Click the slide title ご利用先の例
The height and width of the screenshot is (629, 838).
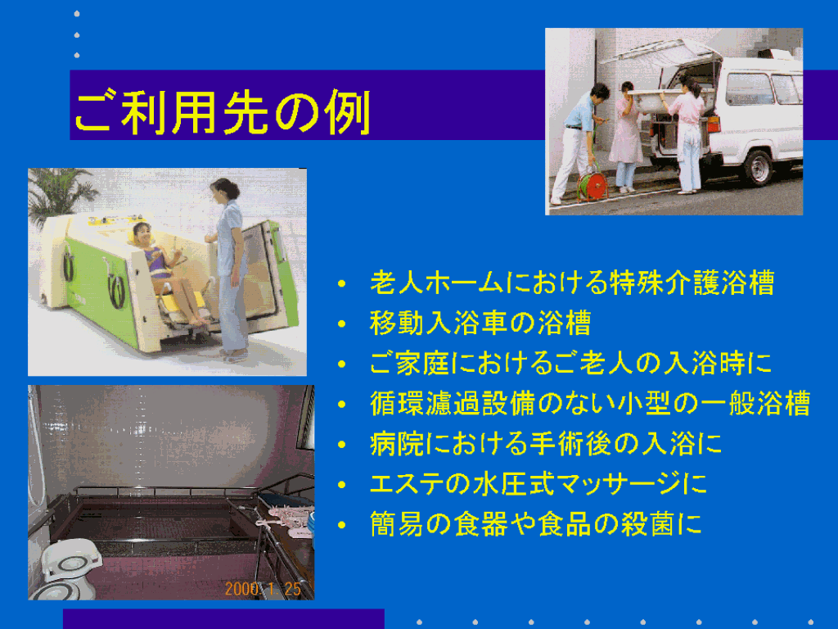(223, 112)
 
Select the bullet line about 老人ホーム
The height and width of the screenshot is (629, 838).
(572, 283)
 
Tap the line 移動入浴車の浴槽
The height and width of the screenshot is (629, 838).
(480, 323)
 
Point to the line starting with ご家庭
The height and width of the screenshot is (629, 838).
(570, 363)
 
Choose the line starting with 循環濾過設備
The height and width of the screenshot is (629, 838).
(590, 403)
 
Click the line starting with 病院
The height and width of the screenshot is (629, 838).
(546, 443)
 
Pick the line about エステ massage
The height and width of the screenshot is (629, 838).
(538, 483)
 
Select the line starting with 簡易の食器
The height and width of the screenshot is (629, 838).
(535, 523)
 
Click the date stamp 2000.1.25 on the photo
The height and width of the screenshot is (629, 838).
(263, 589)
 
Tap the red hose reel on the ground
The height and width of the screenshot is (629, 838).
(592, 184)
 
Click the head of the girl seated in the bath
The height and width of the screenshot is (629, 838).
(142, 234)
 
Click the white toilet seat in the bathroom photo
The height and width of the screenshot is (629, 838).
(71, 563)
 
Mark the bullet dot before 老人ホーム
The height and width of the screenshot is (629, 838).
(342, 283)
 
